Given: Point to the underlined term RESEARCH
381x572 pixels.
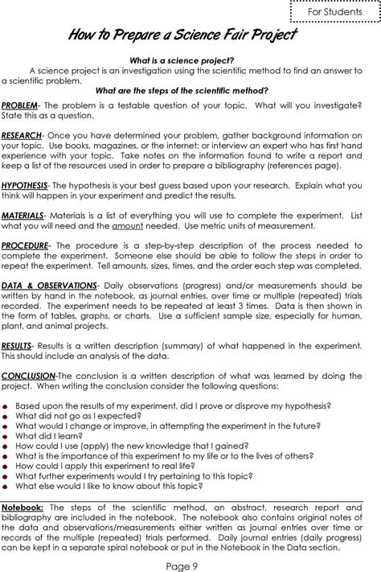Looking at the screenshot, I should (21, 134).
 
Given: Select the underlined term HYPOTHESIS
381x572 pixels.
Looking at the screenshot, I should (23, 184).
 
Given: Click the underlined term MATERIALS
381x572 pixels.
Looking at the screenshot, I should (23, 216).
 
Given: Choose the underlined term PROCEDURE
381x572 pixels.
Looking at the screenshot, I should (25, 245).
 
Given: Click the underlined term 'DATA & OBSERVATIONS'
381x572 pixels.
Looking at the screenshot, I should (49, 285).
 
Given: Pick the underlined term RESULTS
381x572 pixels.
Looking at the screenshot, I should (16, 345).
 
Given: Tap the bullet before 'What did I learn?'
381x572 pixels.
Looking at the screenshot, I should (6, 435).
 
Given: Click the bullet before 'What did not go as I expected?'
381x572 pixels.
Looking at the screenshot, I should (6, 416).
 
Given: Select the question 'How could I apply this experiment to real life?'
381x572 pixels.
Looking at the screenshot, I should (111, 465).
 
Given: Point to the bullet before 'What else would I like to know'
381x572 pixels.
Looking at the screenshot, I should (6, 486).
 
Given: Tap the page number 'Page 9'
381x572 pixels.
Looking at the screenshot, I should (190, 564).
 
